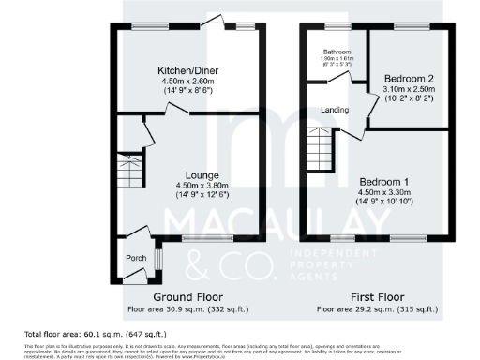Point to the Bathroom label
[x=337, y=52]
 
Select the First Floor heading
[x=376, y=296]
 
